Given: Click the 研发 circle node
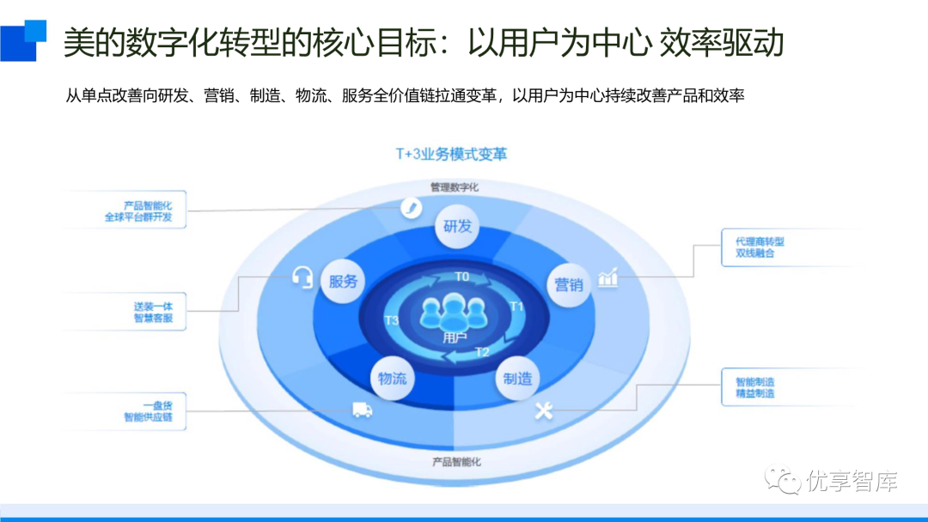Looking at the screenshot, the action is pyautogui.click(x=457, y=227).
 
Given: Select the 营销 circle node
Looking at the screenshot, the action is pyautogui.click(x=568, y=283).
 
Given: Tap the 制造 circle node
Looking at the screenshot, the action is pyautogui.click(x=517, y=378).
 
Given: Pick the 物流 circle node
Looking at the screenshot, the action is pyautogui.click(x=393, y=378).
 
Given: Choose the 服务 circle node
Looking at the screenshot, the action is pyautogui.click(x=343, y=282).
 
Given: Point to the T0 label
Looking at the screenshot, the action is pyautogui.click(x=462, y=276).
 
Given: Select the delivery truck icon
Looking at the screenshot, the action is pyautogui.click(x=362, y=410).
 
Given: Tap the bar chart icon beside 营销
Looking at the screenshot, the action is pyautogui.click(x=607, y=277).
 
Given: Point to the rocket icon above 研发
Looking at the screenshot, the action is pyautogui.click(x=412, y=207).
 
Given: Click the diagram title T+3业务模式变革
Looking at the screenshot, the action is pyautogui.click(x=451, y=155).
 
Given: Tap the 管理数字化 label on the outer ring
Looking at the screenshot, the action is pyautogui.click(x=455, y=185).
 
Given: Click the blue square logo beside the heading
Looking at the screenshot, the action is pyautogui.click(x=23, y=39).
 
